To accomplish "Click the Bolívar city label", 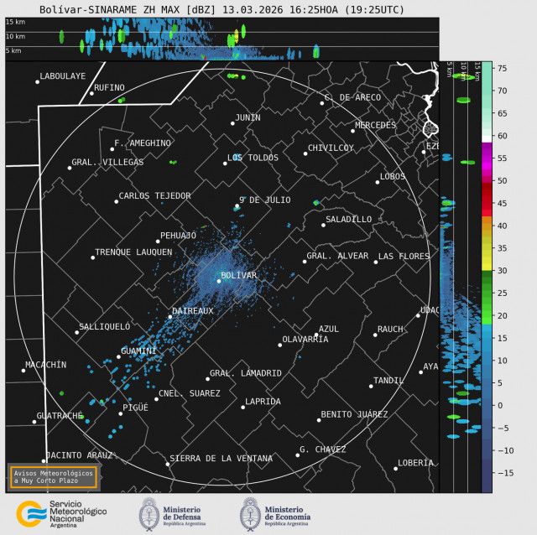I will coord(239,275).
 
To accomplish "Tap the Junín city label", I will coord(248,117).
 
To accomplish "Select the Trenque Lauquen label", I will coord(133,252).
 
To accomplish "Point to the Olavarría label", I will coord(305,339).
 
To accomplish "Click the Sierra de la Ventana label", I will coord(221,459).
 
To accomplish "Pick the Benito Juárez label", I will coord(354,414).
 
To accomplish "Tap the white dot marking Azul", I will coord(316,335).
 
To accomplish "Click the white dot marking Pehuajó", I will coord(158,242).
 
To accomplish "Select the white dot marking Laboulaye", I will coord(38,81).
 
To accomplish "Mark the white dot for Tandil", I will coord(371,386).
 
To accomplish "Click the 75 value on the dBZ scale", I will coord(501,68).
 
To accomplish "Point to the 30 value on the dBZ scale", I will coord(501,271).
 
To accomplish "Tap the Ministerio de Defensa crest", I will coord(150,512).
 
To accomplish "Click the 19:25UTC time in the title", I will coord(378,10).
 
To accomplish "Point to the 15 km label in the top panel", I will coord(15,22).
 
